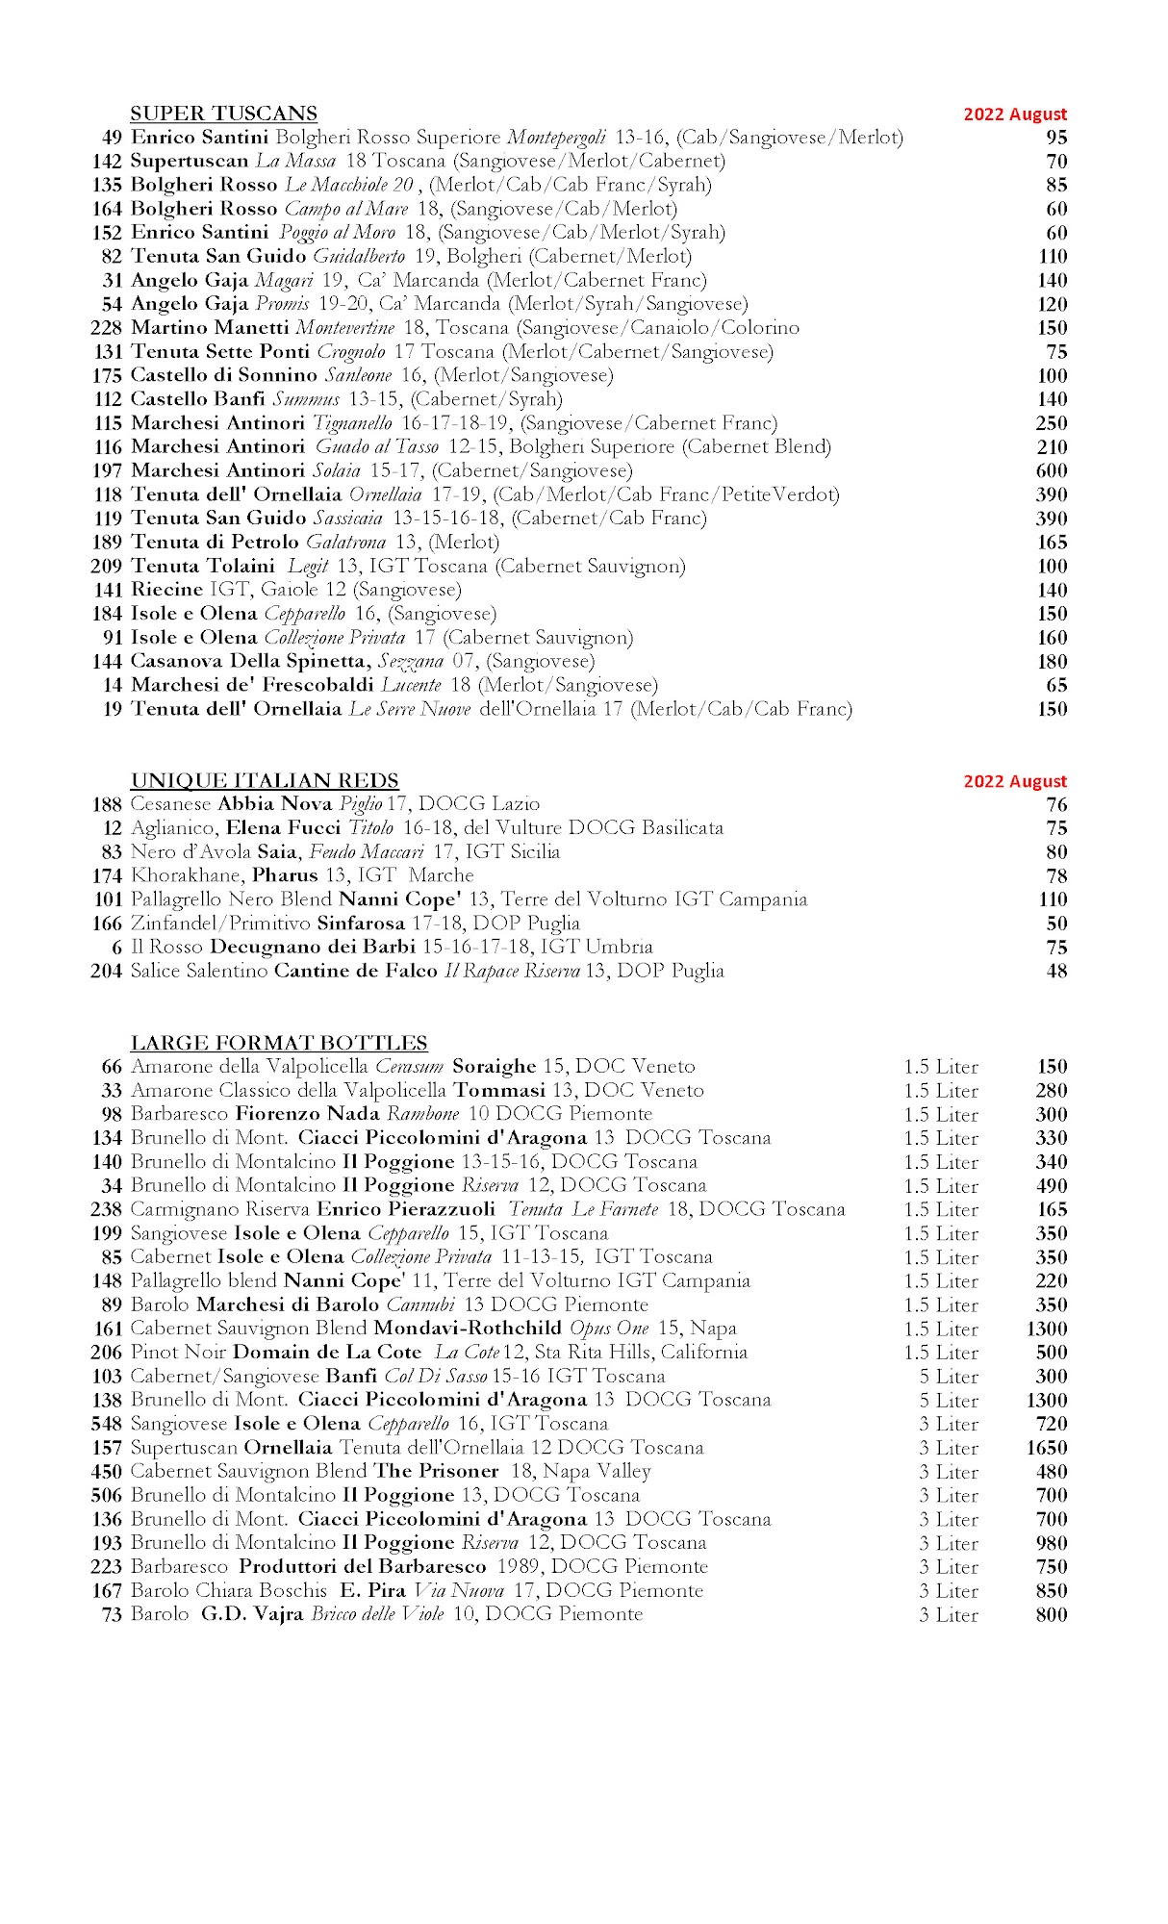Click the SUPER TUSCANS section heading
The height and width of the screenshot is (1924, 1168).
pos(223,114)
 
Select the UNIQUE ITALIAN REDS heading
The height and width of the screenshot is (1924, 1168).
pos(265,780)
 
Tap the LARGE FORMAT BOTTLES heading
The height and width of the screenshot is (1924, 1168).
pos(279,1043)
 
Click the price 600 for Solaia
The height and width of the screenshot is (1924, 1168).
pos(1052,470)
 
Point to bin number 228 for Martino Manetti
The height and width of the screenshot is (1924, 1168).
pos(107,328)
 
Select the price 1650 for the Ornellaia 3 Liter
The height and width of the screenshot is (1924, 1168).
pos(1047,1448)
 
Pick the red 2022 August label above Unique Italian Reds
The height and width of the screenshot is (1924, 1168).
pos(1015,781)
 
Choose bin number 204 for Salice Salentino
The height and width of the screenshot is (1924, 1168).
pos(107,972)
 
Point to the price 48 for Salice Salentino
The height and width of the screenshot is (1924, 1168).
pos(1056,972)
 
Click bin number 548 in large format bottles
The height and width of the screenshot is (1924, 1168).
pos(107,1424)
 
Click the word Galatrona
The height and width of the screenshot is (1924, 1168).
pos(345,543)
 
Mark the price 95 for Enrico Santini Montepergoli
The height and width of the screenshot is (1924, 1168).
pos(1056,138)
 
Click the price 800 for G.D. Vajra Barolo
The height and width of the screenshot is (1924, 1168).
pos(1052,1614)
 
